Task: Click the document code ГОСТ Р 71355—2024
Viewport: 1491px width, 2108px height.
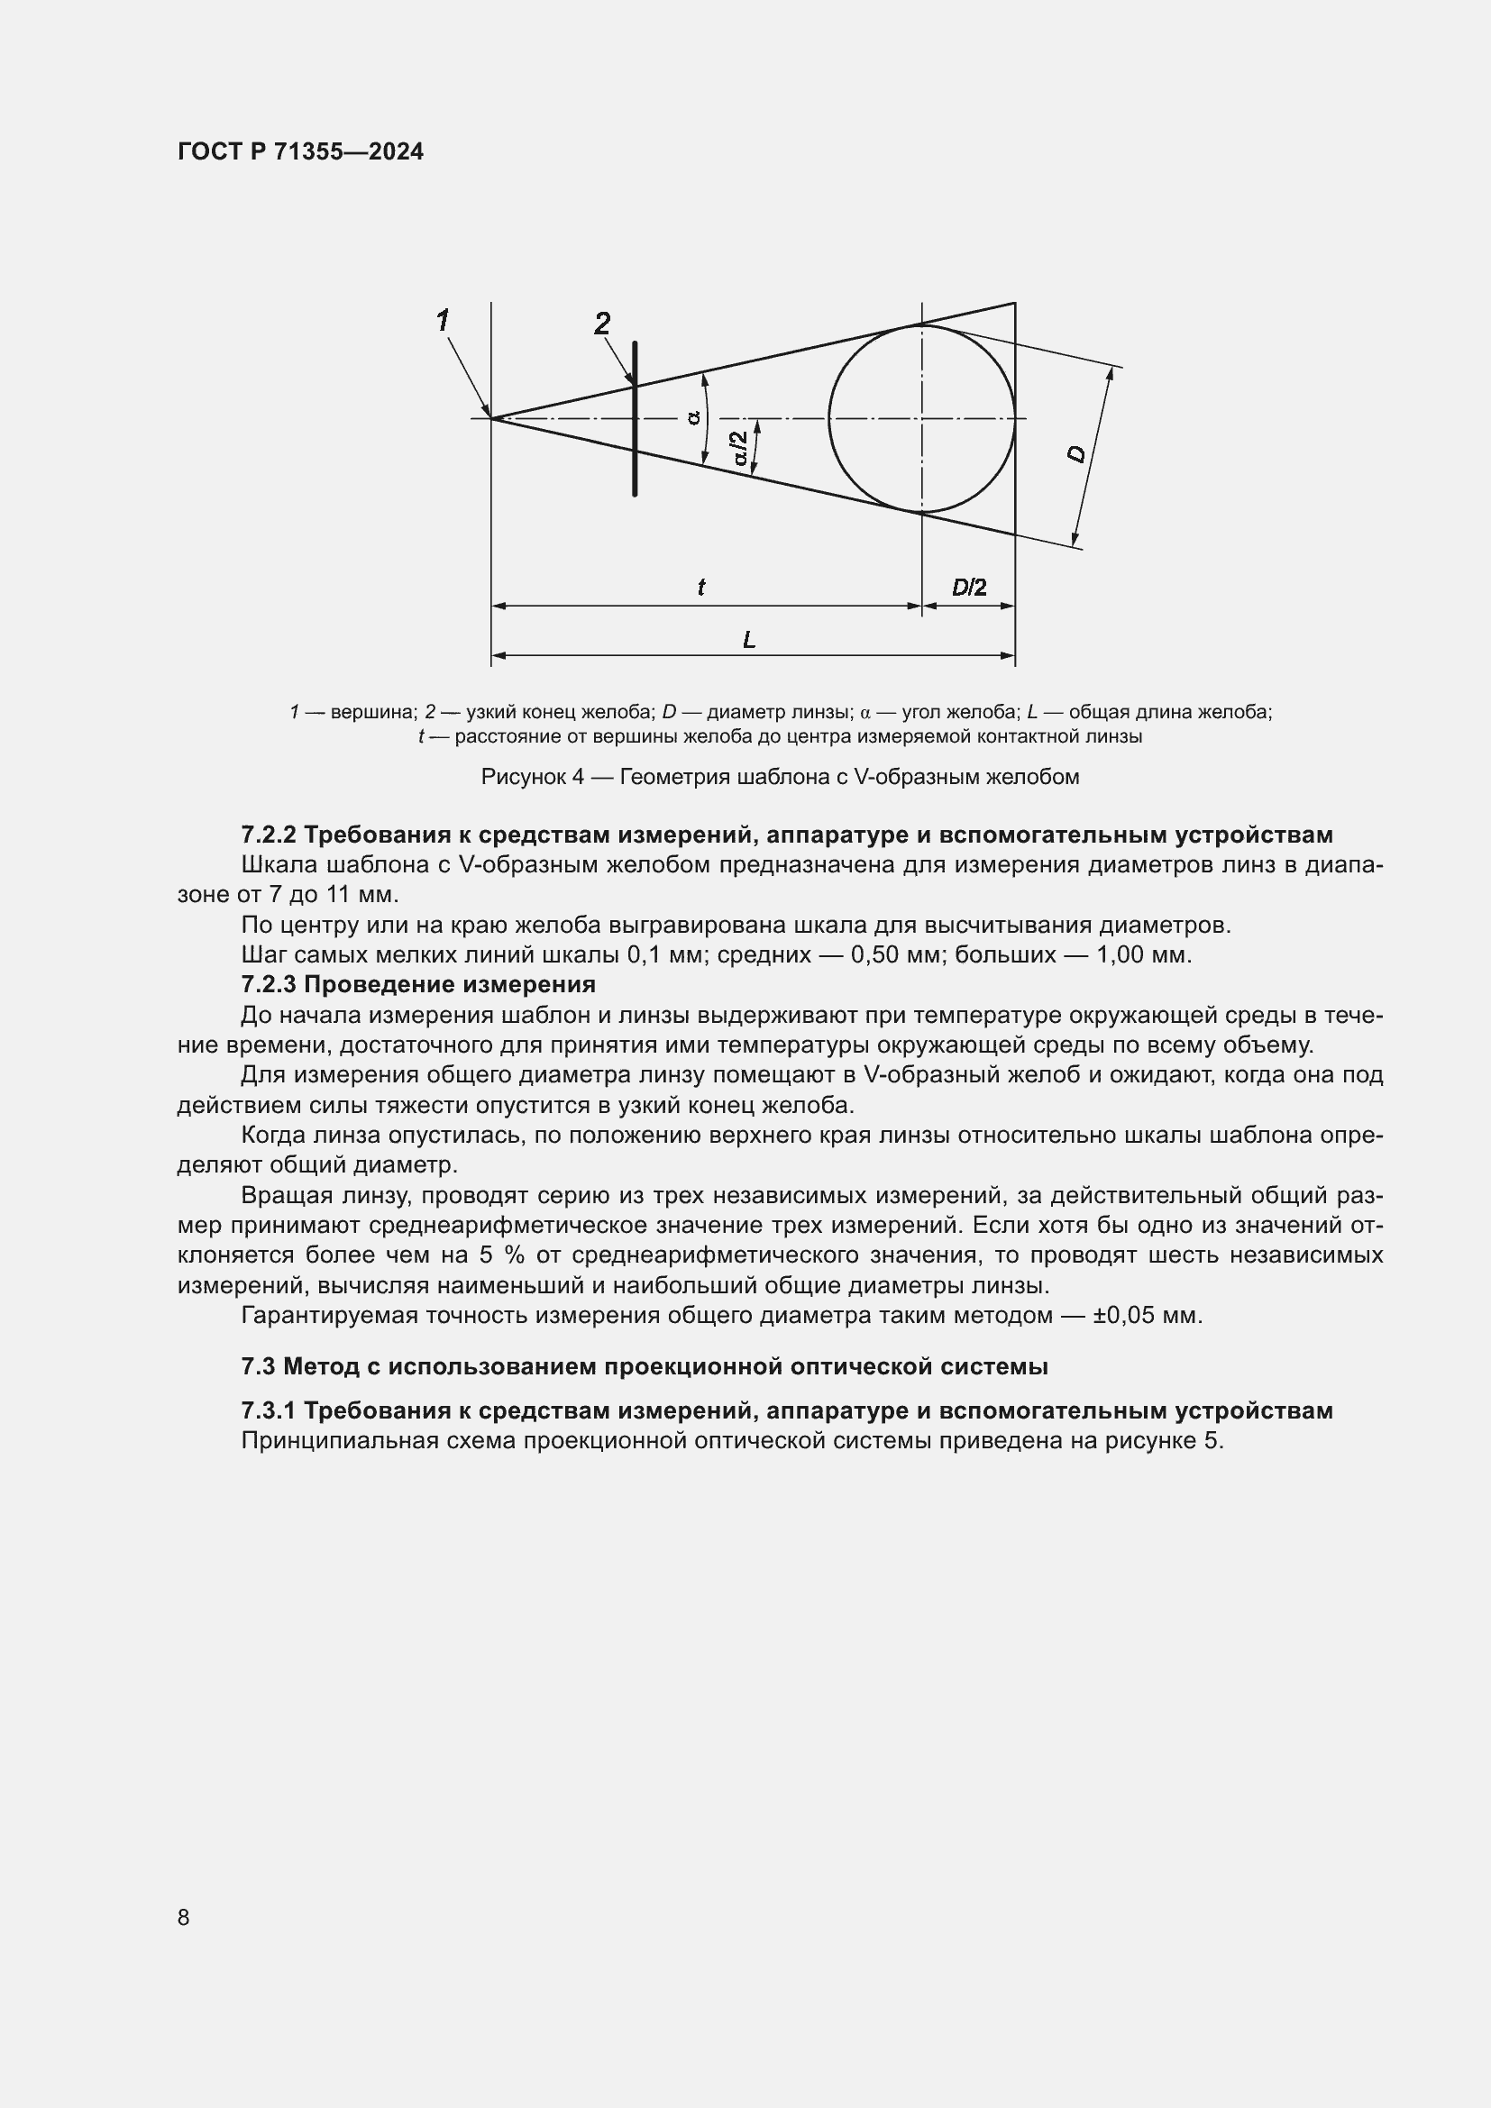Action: [300, 151]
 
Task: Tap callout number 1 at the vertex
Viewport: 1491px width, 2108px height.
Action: [443, 321]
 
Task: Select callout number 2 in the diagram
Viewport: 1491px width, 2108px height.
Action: [602, 324]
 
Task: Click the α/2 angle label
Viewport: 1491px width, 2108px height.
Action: [741, 448]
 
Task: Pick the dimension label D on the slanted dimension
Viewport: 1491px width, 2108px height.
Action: [1078, 453]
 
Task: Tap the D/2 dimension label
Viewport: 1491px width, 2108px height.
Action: [968, 588]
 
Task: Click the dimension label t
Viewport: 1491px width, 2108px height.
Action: [701, 588]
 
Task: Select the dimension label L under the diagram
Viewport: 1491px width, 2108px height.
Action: [749, 639]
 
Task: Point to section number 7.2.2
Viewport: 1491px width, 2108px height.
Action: [269, 835]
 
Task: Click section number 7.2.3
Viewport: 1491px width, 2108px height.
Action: [269, 984]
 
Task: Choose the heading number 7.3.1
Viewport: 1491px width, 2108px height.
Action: [269, 1410]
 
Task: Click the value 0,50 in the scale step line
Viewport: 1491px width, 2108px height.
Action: [876, 954]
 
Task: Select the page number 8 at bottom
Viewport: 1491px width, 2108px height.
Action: [184, 1917]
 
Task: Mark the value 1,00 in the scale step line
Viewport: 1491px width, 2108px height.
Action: [1122, 954]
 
